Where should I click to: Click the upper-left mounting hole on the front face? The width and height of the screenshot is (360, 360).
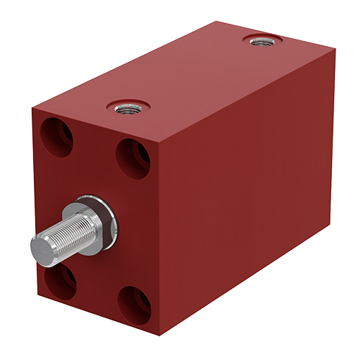click(x=58, y=137)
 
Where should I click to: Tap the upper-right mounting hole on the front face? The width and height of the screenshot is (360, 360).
click(x=133, y=158)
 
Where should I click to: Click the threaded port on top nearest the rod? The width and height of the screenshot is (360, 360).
click(x=127, y=108)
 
